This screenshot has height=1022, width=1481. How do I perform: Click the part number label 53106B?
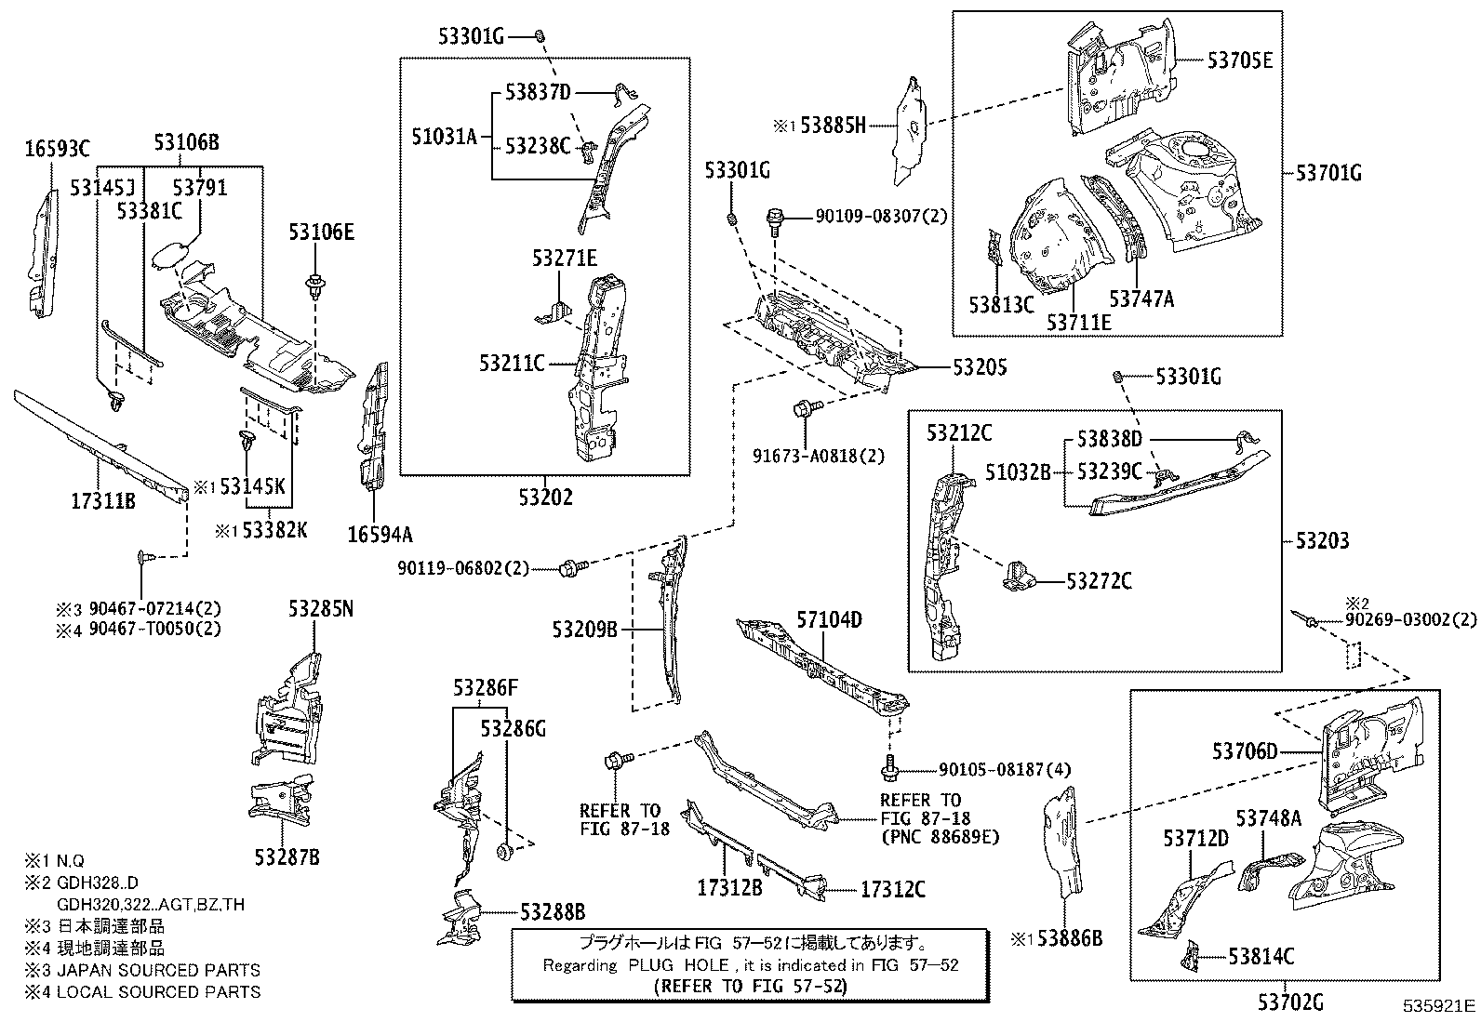(x=186, y=143)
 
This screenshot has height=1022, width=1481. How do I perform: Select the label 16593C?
(x=58, y=148)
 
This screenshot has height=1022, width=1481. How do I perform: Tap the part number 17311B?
(x=104, y=502)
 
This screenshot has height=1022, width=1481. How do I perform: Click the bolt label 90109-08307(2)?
(x=881, y=216)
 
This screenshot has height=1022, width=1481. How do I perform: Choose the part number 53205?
(x=979, y=368)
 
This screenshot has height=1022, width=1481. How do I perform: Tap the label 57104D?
(x=829, y=619)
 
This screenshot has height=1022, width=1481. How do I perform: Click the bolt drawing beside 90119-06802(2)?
(x=571, y=567)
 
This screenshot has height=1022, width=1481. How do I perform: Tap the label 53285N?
(x=321, y=609)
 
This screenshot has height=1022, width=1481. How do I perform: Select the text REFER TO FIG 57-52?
(x=750, y=985)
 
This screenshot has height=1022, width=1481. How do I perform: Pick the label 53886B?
(x=1069, y=938)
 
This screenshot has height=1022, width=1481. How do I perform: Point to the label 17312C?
(x=892, y=890)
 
